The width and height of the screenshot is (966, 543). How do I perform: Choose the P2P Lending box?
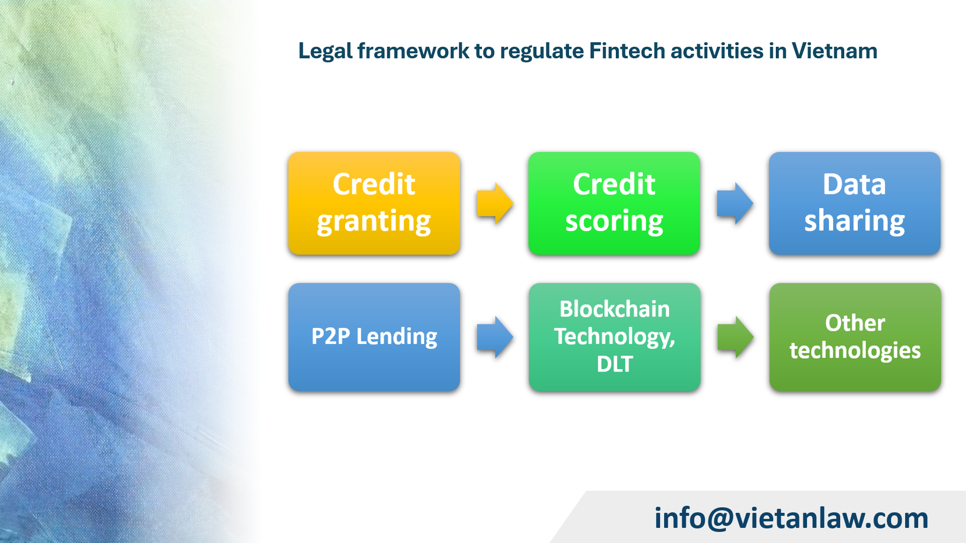point(374,336)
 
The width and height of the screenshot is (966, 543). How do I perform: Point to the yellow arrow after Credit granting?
point(495,204)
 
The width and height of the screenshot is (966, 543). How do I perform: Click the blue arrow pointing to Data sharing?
point(735,204)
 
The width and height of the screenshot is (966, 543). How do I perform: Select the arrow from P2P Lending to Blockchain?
point(495,337)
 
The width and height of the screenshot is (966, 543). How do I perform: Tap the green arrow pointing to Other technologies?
point(735,337)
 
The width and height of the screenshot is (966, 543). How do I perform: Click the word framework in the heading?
point(413,51)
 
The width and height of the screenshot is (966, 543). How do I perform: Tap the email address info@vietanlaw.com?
point(791,518)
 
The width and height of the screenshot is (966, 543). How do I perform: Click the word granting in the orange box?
point(374,222)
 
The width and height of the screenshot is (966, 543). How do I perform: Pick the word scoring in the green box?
point(614,222)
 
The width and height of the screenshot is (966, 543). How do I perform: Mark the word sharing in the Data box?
point(854,222)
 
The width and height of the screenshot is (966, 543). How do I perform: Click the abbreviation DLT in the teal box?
point(614,364)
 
